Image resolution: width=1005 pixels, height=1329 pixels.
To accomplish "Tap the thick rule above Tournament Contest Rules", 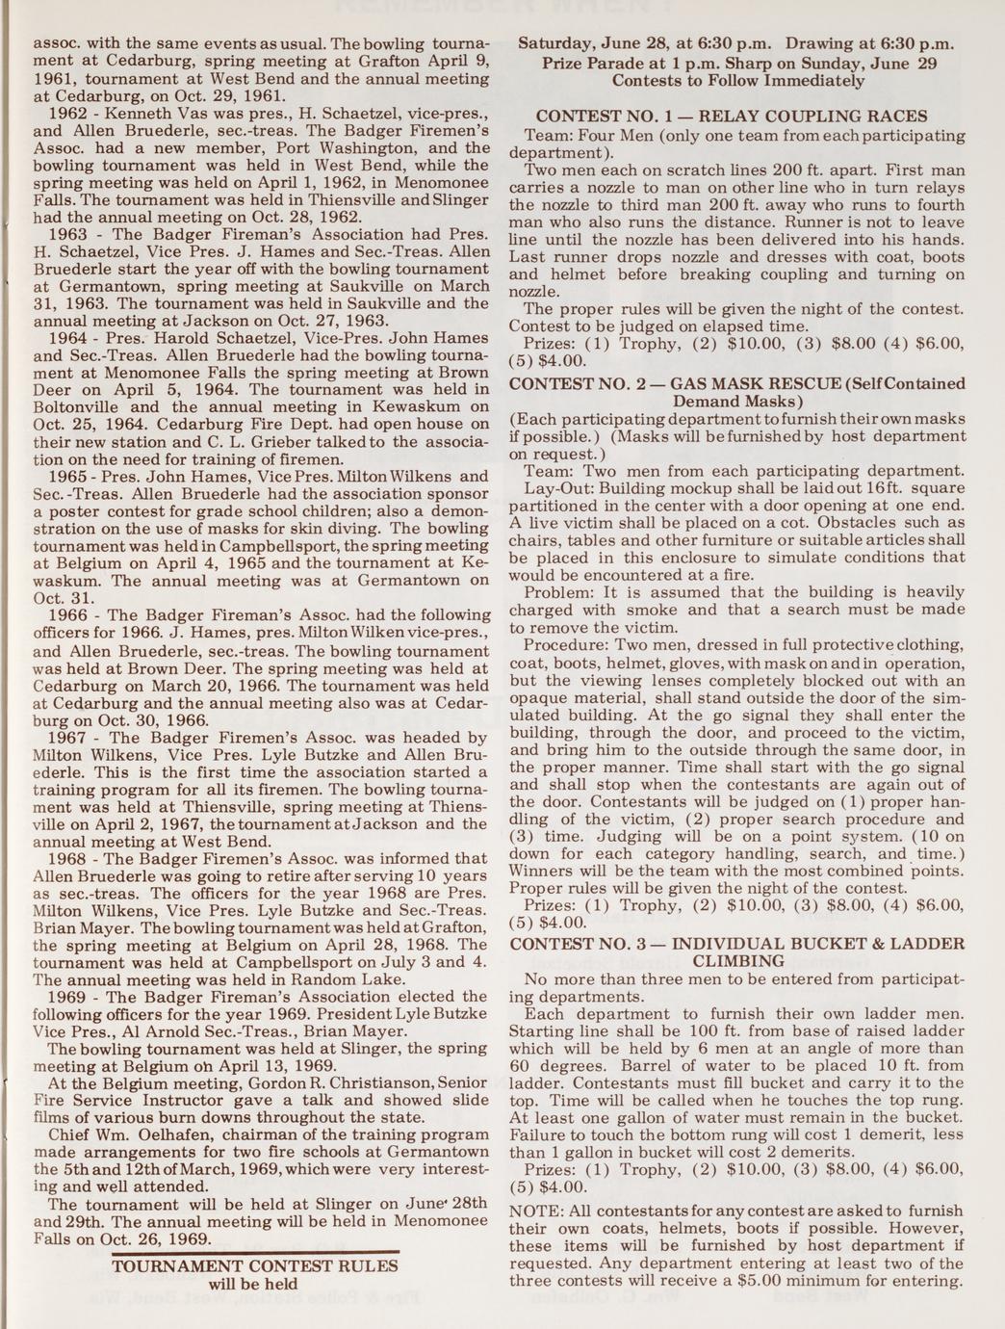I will pyautogui.click(x=255, y=1252).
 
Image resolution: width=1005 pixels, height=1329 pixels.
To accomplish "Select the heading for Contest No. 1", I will pyautogui.click(x=732, y=117).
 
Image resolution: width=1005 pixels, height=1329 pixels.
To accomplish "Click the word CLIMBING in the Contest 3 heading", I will pyautogui.click(x=736, y=960).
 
